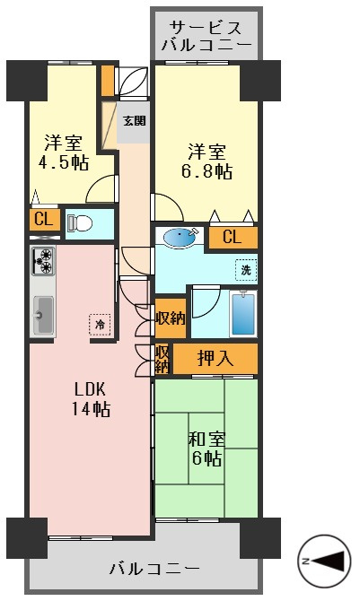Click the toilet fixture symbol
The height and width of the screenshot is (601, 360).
coord(80,222)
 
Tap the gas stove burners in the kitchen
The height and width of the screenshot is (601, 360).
coord(42,261)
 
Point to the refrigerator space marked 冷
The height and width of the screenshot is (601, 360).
coord(100,325)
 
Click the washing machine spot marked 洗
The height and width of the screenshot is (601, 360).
coord(246,270)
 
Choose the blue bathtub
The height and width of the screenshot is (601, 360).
coord(243,314)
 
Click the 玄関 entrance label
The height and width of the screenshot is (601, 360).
coord(134,121)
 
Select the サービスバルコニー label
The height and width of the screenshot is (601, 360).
coord(206,36)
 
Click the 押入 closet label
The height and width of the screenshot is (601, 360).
coord(215,359)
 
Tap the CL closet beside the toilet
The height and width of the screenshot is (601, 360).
coord(44,220)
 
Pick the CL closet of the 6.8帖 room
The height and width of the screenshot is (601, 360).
coord(233,237)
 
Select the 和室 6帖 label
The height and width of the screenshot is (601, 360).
coord(206,449)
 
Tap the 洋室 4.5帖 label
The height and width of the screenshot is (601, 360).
coord(64,152)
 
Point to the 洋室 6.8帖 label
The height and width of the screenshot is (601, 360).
coord(206,161)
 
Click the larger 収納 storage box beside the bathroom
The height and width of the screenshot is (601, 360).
coord(171,318)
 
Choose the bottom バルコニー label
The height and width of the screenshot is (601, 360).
coord(154,568)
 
